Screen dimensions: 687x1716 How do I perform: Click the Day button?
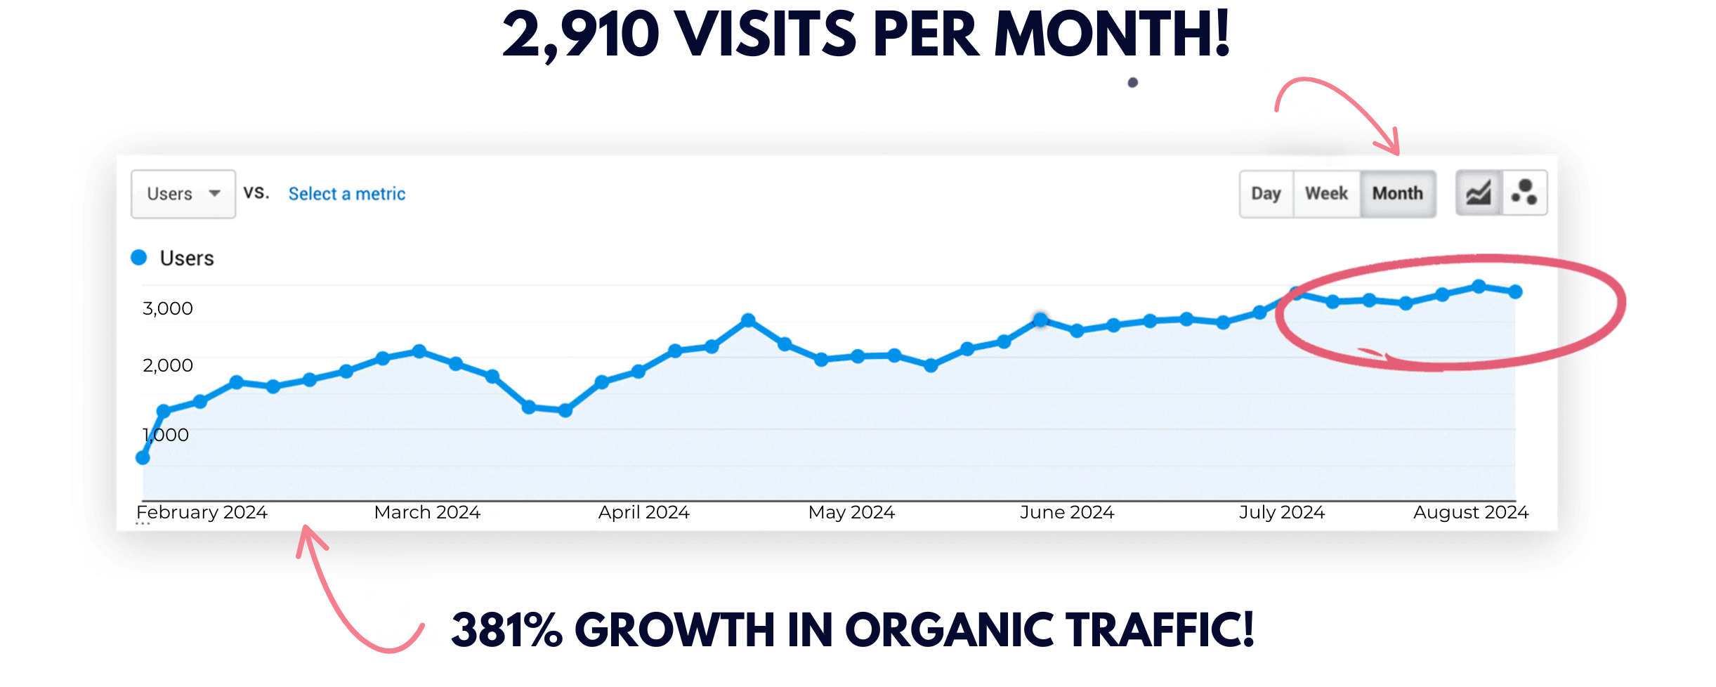point(1266,194)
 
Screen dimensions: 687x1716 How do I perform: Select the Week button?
point(1326,194)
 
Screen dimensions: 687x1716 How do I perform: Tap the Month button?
point(1397,194)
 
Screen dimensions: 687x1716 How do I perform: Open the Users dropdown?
point(183,194)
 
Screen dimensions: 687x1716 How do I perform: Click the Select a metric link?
point(347,194)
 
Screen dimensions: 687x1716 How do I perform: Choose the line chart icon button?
point(1479,193)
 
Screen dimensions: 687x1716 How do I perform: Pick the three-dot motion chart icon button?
point(1524,193)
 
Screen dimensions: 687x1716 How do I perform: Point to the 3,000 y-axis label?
point(167,308)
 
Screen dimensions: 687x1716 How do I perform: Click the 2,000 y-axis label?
point(167,365)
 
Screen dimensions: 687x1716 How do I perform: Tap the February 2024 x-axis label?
point(202,512)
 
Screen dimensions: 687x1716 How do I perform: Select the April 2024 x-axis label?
point(643,512)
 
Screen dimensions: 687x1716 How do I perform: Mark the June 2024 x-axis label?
point(1066,512)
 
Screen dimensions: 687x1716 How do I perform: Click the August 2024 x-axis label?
point(1470,512)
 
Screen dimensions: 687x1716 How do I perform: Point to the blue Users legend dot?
point(139,258)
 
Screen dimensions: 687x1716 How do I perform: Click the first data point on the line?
point(143,458)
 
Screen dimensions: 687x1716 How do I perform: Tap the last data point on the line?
point(1515,292)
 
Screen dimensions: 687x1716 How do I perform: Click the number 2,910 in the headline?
point(580,35)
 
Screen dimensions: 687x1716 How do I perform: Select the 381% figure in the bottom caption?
point(506,629)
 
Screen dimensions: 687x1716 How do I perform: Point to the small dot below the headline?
point(1132,83)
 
